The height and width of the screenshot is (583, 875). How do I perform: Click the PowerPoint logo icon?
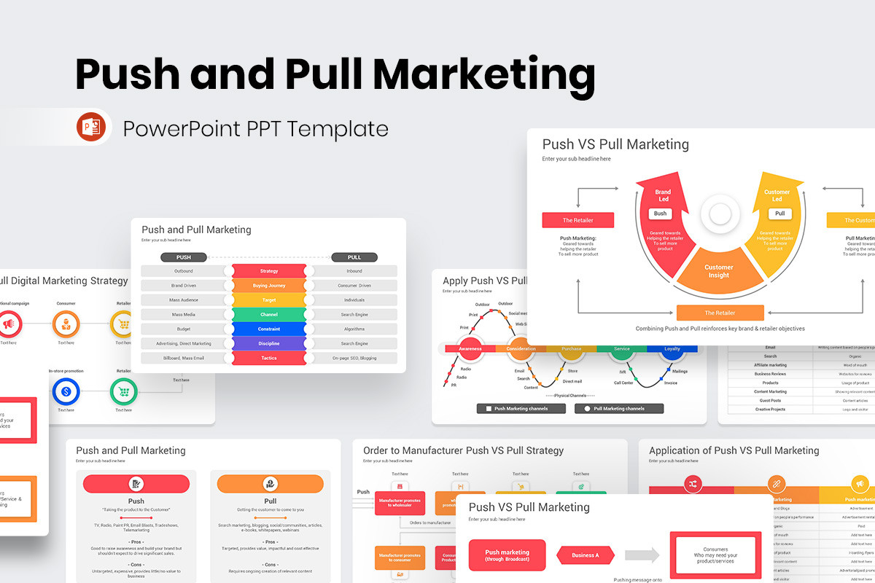pyautogui.click(x=91, y=128)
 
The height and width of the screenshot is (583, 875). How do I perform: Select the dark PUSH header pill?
pyautogui.click(x=184, y=257)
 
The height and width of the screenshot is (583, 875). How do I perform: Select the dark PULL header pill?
pyautogui.click(x=354, y=257)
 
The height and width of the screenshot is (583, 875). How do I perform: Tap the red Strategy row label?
pyautogui.click(x=269, y=271)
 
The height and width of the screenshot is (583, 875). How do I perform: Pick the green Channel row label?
pyautogui.click(x=269, y=314)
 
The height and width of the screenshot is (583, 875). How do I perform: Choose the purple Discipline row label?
pyautogui.click(x=269, y=343)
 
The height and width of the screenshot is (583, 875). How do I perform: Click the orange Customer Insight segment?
pyautogui.click(x=719, y=271)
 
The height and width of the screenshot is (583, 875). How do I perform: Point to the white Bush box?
pyautogui.click(x=660, y=214)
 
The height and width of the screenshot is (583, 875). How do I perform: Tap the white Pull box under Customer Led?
pyautogui.click(x=779, y=214)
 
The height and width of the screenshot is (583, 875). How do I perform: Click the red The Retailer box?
pyautogui.click(x=577, y=220)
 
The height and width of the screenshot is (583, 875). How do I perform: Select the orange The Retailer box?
pyautogui.click(x=720, y=313)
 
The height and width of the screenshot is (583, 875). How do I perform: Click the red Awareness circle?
pyautogui.click(x=470, y=349)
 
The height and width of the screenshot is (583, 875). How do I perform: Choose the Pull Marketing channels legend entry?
pyautogui.click(x=619, y=409)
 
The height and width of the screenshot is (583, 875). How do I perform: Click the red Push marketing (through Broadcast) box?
pyautogui.click(x=507, y=555)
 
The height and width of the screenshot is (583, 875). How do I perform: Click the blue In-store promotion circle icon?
pyautogui.click(x=66, y=392)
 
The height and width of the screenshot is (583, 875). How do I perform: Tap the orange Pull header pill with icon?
pyautogui.click(x=270, y=484)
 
